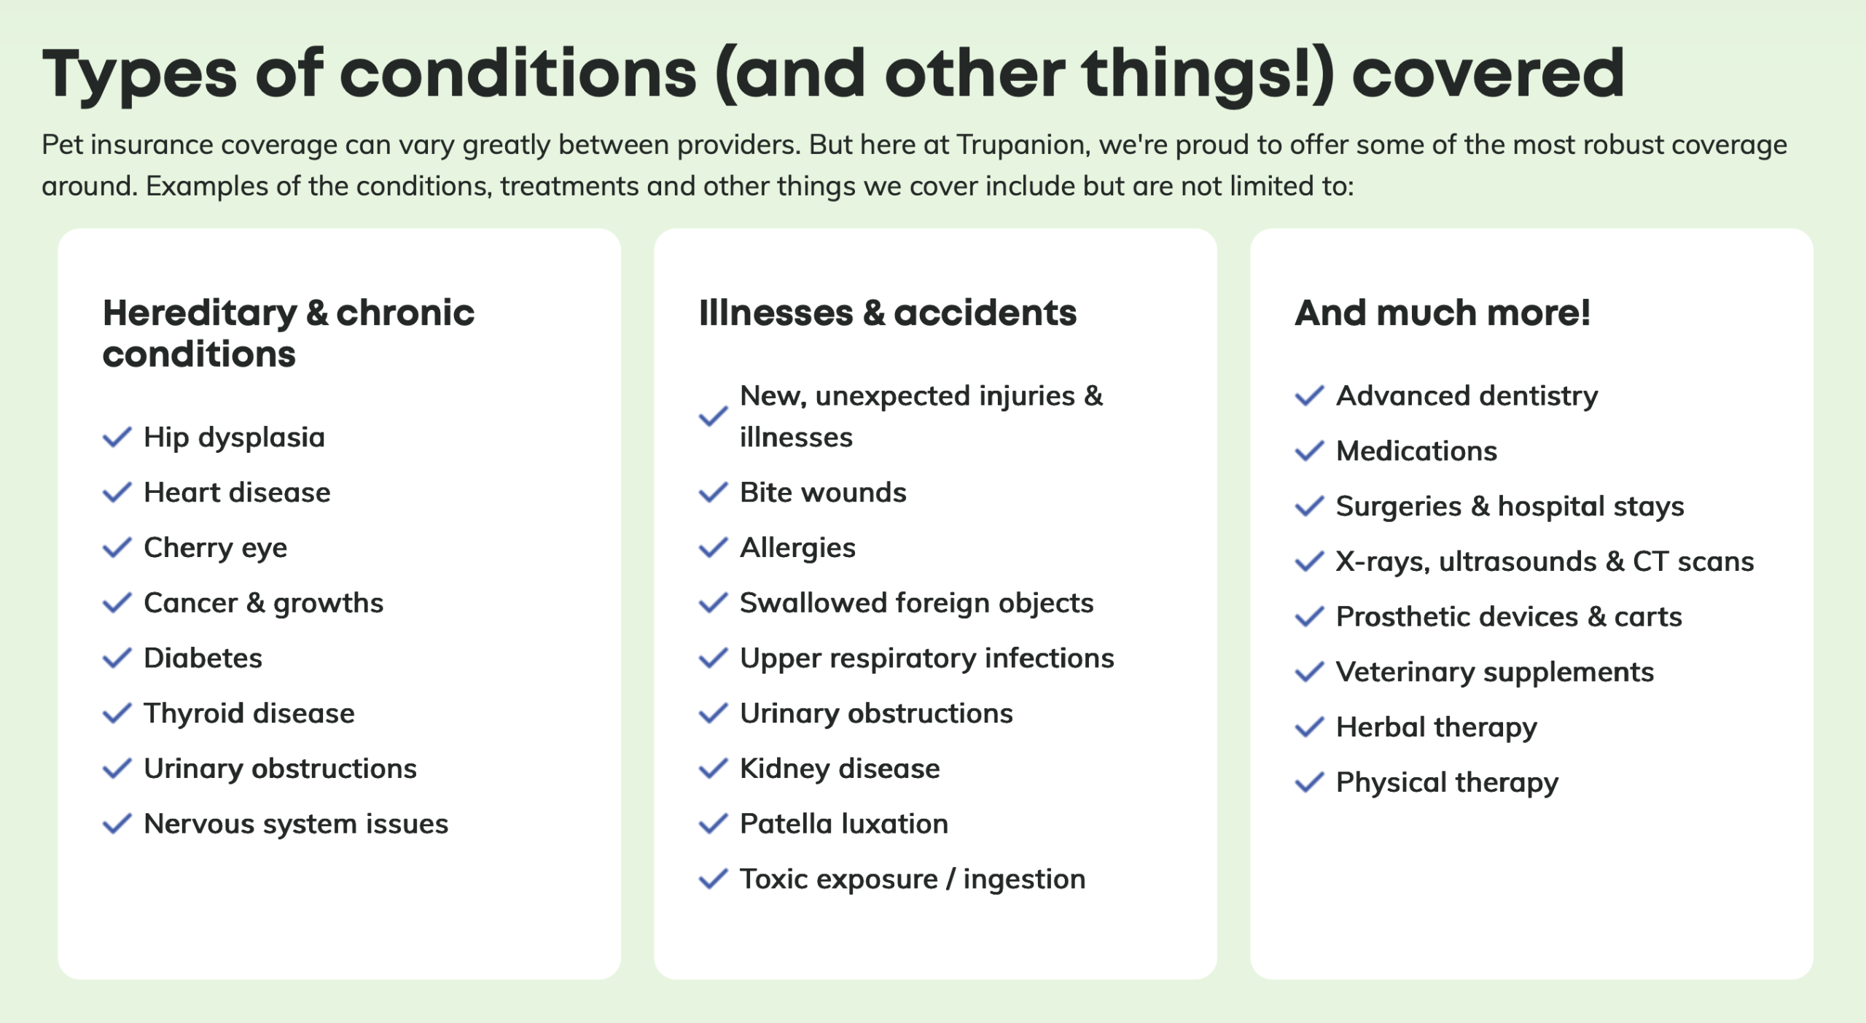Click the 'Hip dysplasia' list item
[234, 437]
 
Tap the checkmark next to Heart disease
[117, 492]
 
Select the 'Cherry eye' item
[215, 548]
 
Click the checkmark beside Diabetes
[117, 658]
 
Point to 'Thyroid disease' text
[249, 713]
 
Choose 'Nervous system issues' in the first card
[296, 824]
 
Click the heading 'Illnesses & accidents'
[887, 314]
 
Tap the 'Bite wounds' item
[823, 493]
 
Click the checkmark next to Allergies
[713, 548]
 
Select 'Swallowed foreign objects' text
[916, 604]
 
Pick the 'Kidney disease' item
[840, 769]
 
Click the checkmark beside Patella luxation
[713, 824]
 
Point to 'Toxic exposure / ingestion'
[913, 879]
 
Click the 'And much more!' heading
[1443, 314]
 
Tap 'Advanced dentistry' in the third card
[1467, 397]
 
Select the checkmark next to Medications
[1309, 451]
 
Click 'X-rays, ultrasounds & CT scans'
[1545, 562]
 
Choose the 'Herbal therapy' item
[1436, 728]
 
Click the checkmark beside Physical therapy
[1309, 782]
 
